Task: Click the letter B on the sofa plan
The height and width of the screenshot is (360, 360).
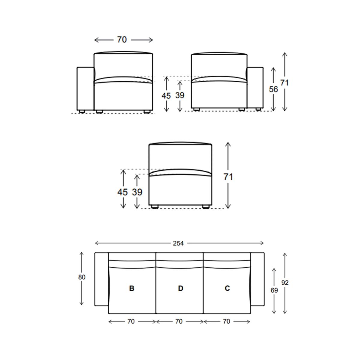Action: click(131, 288)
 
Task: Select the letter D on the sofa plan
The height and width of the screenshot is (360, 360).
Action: click(181, 288)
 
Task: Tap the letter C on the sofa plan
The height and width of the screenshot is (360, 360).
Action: click(227, 288)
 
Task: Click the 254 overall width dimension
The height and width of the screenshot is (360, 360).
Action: click(178, 243)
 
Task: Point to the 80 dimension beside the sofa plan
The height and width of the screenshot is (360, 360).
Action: click(82, 277)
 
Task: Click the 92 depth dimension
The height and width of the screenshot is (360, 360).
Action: click(285, 283)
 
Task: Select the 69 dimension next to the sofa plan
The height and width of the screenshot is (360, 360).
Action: click(274, 290)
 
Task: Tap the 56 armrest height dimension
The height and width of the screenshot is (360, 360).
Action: click(273, 89)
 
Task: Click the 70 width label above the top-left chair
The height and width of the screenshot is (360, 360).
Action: click(122, 40)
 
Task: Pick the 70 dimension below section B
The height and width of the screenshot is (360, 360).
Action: click(131, 321)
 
